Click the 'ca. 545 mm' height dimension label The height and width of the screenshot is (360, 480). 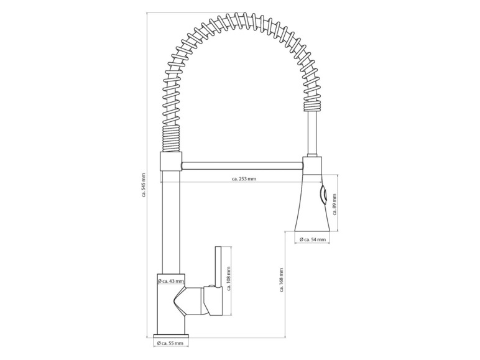[x=143, y=185]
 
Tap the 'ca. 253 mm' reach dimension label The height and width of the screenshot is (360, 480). [x=244, y=179]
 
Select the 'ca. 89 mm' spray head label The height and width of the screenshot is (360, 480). [x=335, y=205]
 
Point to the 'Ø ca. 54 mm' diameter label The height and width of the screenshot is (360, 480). [x=313, y=239]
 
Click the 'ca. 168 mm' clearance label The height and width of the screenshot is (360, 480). [x=281, y=280]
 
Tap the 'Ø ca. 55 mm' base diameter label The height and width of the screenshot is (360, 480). [x=170, y=343]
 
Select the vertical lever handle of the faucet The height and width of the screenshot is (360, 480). [x=218, y=267]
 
